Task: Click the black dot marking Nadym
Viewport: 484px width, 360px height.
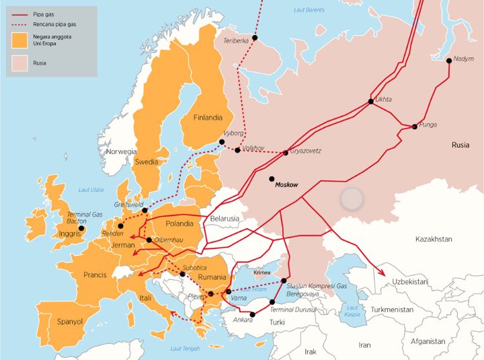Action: (449, 61)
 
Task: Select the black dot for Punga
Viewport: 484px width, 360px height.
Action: (415, 127)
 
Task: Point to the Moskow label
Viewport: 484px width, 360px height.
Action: (286, 184)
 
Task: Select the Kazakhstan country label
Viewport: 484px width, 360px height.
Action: (434, 239)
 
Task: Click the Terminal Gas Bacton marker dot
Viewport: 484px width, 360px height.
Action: (82, 228)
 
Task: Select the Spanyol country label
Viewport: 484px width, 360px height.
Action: (70, 322)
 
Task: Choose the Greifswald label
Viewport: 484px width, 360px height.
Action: (128, 203)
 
